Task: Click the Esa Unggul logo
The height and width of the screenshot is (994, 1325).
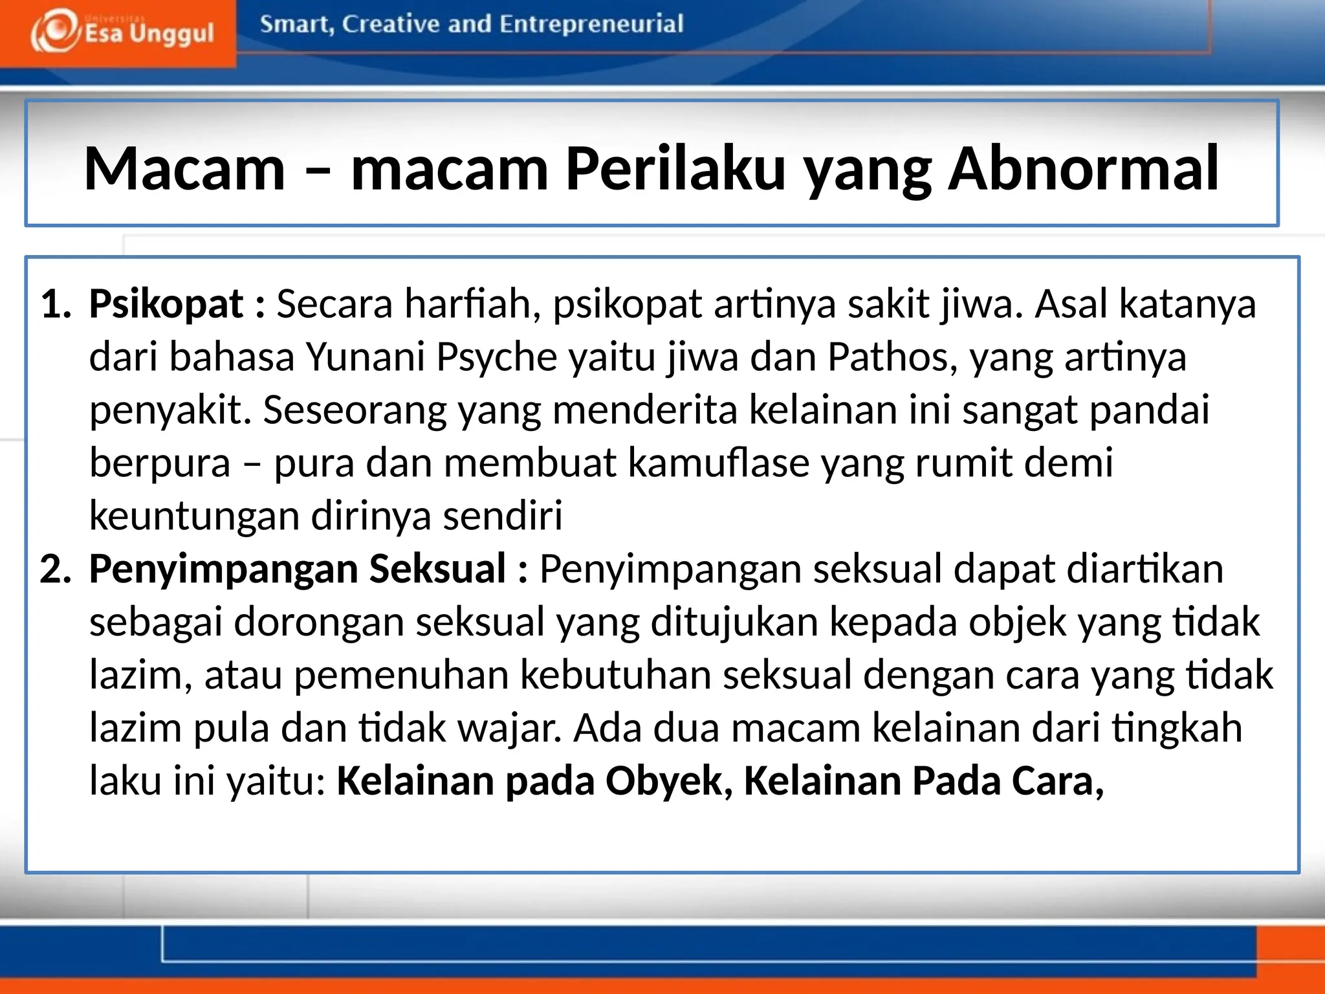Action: pyautogui.click(x=122, y=32)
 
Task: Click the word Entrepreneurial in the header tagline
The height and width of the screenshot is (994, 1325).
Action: pyautogui.click(x=591, y=25)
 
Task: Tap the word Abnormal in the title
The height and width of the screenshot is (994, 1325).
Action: pyautogui.click(x=1083, y=170)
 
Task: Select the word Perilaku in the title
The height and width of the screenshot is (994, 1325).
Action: pyautogui.click(x=675, y=170)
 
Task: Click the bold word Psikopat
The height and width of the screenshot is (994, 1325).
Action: pyautogui.click(x=166, y=304)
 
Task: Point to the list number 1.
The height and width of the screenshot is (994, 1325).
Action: pyautogui.click(x=55, y=304)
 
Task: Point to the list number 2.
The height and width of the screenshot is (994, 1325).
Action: pyautogui.click(x=55, y=569)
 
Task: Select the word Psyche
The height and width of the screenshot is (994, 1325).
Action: pyautogui.click(x=496, y=357)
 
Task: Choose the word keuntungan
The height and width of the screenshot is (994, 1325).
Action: pyautogui.click(x=194, y=516)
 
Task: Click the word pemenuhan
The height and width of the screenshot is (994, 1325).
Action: pyautogui.click(x=401, y=676)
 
